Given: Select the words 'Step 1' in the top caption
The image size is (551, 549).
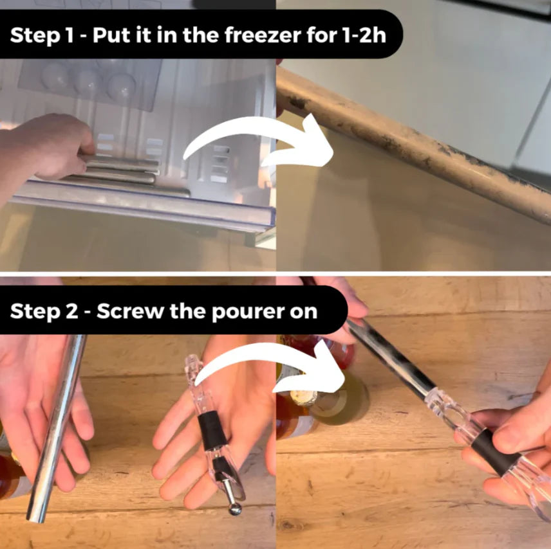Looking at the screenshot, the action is coord(42,36).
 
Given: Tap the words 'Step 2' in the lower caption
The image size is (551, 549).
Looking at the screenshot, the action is coord(44,312).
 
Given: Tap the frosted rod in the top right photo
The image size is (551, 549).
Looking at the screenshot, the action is coord(415,144).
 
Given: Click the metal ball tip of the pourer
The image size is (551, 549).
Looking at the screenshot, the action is coord(235,509).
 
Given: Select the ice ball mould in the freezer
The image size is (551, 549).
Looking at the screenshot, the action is coord(89,82).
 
